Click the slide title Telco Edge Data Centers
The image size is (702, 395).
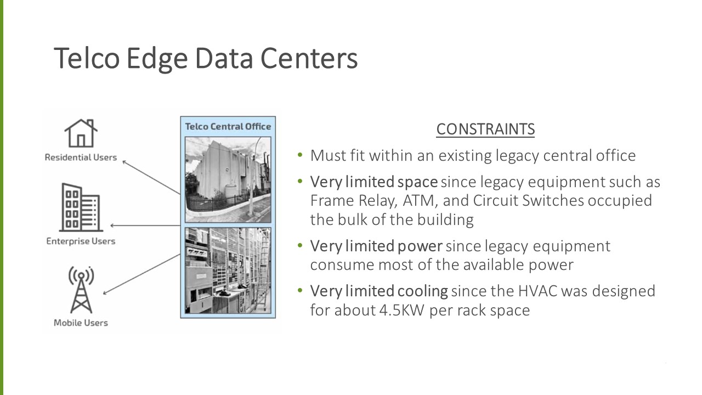(206, 59)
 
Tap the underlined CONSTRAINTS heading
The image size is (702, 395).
(485, 129)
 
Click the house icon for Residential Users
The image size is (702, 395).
(81, 133)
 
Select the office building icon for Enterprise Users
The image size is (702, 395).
(81, 208)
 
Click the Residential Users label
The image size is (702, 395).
(81, 157)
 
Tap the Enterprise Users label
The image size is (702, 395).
(81, 241)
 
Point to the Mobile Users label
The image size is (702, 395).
(81, 323)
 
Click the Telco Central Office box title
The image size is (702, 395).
(228, 127)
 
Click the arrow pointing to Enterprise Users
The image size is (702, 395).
(145, 225)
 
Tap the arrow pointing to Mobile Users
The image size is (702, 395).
(143, 274)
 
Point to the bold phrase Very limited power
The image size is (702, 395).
(376, 246)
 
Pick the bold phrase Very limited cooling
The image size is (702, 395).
(379, 291)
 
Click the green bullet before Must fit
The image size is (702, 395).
(300, 155)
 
